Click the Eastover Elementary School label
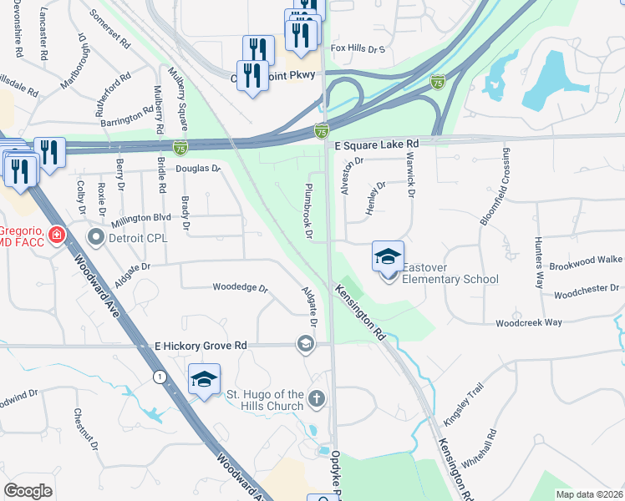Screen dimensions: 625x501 (x=450, y=273)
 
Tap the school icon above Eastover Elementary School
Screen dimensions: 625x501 (x=389, y=256)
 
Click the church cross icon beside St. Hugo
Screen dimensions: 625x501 (x=317, y=399)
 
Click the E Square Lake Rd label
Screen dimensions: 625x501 (x=376, y=144)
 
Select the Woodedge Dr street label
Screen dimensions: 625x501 (x=240, y=289)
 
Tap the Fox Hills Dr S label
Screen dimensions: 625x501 (x=358, y=49)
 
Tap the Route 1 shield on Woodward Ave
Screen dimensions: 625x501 (x=158, y=377)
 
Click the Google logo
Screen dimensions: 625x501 (x=28, y=491)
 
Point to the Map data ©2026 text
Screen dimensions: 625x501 (x=589, y=493)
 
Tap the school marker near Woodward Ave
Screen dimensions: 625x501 (x=204, y=381)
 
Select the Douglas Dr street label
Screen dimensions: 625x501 (x=197, y=169)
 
